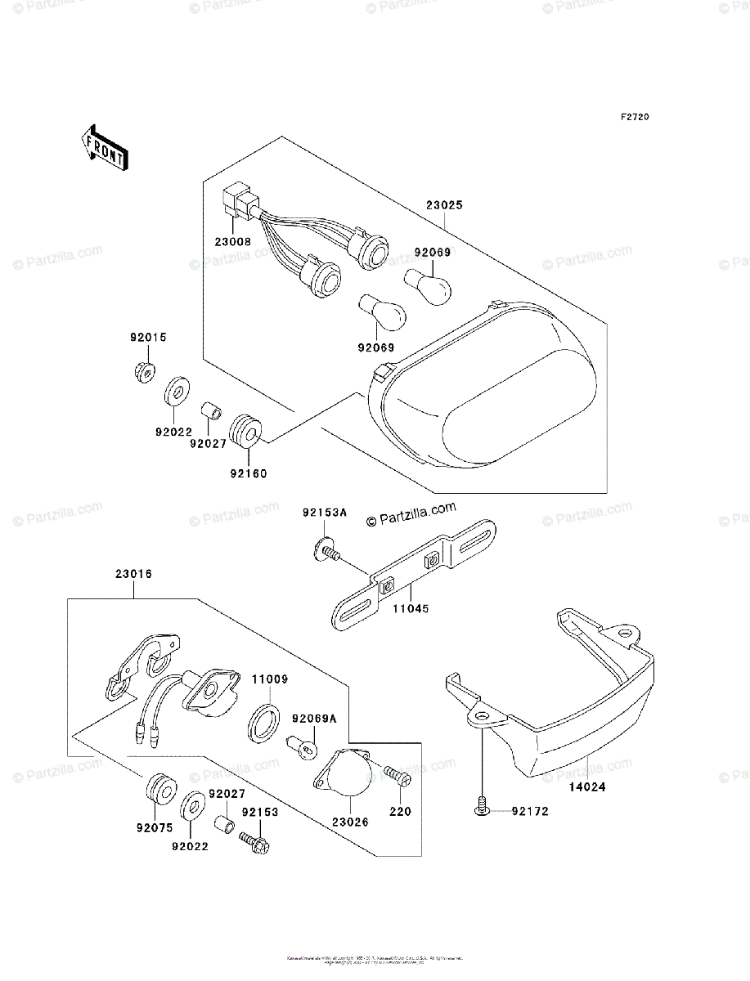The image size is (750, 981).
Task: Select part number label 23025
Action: (x=443, y=206)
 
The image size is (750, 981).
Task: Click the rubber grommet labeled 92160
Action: (x=246, y=430)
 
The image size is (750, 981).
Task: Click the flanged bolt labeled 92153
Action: (x=250, y=837)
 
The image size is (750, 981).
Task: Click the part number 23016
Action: (x=132, y=575)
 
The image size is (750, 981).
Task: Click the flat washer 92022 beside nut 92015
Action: (x=175, y=392)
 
